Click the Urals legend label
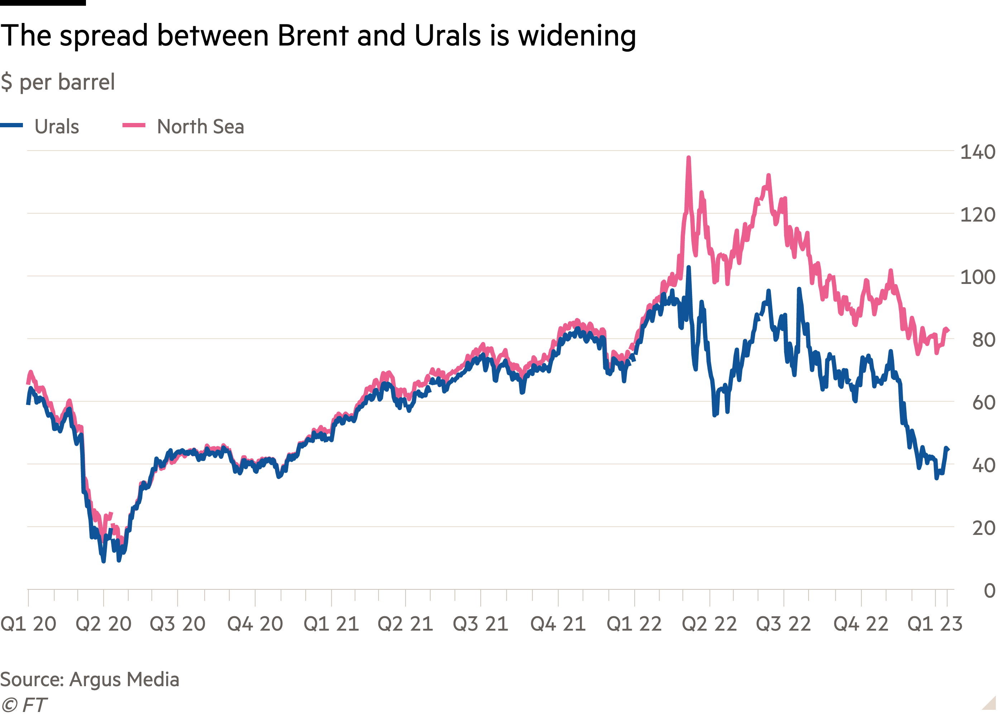[57, 127]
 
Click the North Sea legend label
[200, 127]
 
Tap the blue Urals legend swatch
[12, 125]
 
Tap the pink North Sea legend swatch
[134, 125]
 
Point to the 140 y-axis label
[978, 152]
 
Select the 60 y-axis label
[984, 403]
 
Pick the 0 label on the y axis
[989, 591]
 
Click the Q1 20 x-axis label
[29, 624]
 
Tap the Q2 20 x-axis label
[104, 624]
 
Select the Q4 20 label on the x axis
[255, 624]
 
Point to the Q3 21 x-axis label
[481, 624]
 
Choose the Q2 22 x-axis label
[709, 624]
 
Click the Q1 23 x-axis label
[935, 624]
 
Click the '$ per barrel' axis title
[58, 82]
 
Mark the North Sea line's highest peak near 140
[688, 158]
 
